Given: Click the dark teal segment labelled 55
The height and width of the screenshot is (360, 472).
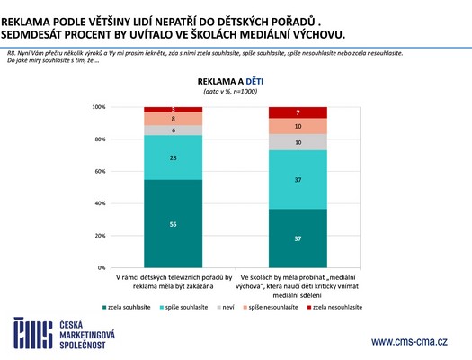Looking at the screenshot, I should [x=173, y=223].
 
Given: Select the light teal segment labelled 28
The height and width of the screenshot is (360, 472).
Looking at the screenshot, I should [x=173, y=157].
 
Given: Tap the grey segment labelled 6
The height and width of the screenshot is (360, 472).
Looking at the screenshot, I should [x=173, y=130].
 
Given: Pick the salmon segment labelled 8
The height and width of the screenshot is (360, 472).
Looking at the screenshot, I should [x=173, y=119].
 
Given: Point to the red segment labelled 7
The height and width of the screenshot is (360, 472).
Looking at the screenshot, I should [x=298, y=112].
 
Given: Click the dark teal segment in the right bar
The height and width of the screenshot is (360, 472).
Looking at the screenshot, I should [x=298, y=238].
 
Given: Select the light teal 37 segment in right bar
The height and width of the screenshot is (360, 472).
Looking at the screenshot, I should [x=298, y=179].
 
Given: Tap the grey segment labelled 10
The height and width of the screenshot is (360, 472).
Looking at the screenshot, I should [x=298, y=141].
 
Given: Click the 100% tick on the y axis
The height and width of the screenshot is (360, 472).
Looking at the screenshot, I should [x=99, y=107].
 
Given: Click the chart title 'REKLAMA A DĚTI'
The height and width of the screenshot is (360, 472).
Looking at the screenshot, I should [x=236, y=80].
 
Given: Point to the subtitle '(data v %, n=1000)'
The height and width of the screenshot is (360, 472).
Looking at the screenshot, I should [x=236, y=91].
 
